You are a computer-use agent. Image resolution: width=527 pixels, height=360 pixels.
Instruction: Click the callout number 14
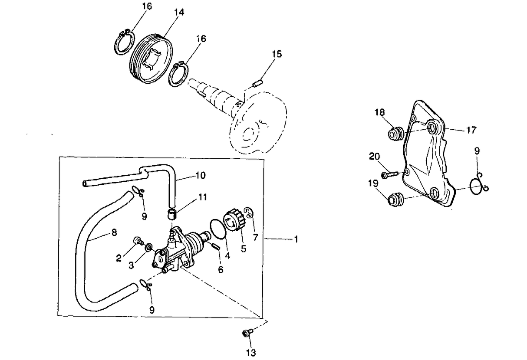(x=179, y=13)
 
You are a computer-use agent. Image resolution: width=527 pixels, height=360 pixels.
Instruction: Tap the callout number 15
(x=277, y=54)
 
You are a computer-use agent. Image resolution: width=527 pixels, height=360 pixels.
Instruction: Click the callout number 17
(x=471, y=130)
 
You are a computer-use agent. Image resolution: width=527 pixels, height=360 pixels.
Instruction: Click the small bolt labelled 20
(x=389, y=174)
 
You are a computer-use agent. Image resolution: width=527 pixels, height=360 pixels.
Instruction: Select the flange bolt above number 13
(x=247, y=333)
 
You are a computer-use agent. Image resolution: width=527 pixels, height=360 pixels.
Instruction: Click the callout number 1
(x=296, y=239)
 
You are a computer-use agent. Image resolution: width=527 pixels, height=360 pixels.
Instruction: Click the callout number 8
(x=114, y=232)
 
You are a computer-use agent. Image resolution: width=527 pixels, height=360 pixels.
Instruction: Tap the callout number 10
(x=201, y=176)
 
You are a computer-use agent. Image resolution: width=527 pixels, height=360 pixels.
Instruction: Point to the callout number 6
(x=221, y=269)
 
